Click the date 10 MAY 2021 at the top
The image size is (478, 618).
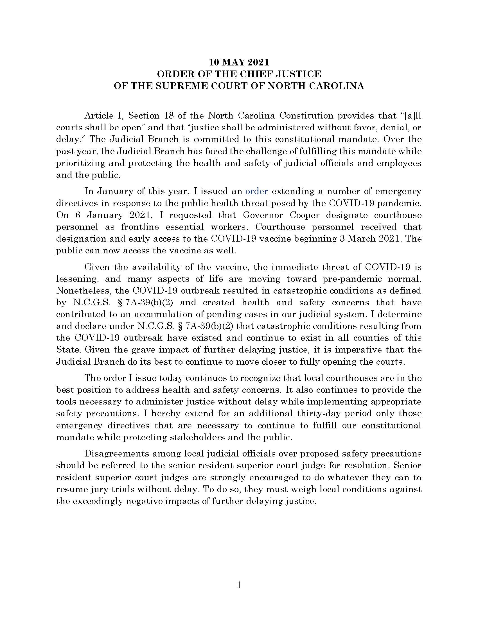pos(239,62)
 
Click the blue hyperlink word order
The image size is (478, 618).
pos(256,191)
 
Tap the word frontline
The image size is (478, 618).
pos(140,227)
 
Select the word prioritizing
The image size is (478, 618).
pos(80,163)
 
